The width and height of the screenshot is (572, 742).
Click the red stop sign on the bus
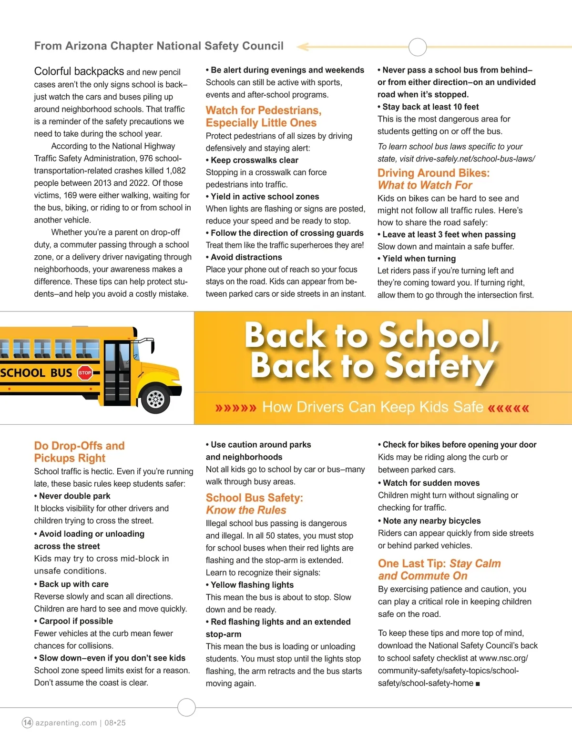click(85, 373)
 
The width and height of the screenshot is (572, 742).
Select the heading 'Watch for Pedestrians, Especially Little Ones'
click(263, 117)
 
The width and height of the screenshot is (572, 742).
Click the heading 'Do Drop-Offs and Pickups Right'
click(79, 452)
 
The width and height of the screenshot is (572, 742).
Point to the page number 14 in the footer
click(28, 722)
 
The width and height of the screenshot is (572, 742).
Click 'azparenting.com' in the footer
click(66, 723)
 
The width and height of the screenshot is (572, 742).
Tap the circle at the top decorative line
click(418, 47)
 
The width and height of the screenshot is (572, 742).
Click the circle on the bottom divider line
click(186, 707)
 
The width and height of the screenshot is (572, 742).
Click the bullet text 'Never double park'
click(74, 496)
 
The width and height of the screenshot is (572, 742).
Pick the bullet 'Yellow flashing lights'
click(252, 585)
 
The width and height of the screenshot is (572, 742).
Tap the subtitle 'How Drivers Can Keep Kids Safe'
click(372, 407)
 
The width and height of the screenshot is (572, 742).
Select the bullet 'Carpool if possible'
click(76, 621)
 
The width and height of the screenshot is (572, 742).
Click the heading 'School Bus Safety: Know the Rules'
click(254, 504)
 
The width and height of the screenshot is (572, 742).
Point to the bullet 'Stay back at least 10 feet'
click(430, 107)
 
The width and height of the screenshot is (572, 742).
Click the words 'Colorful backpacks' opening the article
click(79, 71)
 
